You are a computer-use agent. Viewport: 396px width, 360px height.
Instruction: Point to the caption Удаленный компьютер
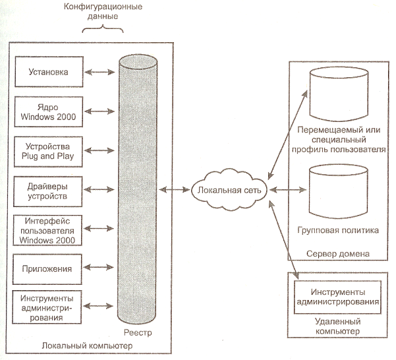point(337,326)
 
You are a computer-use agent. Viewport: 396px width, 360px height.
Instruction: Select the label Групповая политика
point(338,231)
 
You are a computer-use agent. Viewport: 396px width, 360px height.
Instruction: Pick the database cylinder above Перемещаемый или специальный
point(337,92)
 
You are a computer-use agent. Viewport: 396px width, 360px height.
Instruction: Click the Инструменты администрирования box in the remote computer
point(337,296)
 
